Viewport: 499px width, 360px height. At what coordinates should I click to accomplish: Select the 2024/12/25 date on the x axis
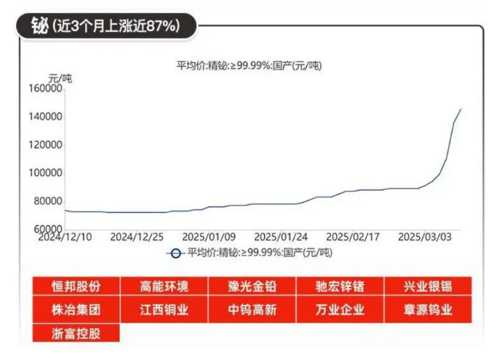pyautogui.click(x=138, y=237)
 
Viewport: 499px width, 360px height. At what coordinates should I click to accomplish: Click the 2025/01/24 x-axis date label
pyautogui.click(x=281, y=237)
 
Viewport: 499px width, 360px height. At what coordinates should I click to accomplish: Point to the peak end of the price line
pyautogui.click(x=461, y=109)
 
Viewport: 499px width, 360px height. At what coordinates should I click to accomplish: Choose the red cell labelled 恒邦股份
pyautogui.click(x=75, y=285)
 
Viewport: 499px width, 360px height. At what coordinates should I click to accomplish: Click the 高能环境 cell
pyautogui.click(x=164, y=285)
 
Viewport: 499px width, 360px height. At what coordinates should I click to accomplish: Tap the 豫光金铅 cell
pyautogui.click(x=251, y=285)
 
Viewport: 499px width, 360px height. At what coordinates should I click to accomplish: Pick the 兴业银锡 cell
pyautogui.click(x=427, y=285)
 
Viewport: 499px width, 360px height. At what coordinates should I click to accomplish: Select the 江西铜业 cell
pyautogui.click(x=164, y=310)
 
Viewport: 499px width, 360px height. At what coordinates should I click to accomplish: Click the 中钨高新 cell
pyautogui.click(x=251, y=310)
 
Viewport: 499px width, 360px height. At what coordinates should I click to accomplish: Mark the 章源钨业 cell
pyautogui.click(x=427, y=310)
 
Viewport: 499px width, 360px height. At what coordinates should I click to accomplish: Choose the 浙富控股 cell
pyautogui.click(x=75, y=334)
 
